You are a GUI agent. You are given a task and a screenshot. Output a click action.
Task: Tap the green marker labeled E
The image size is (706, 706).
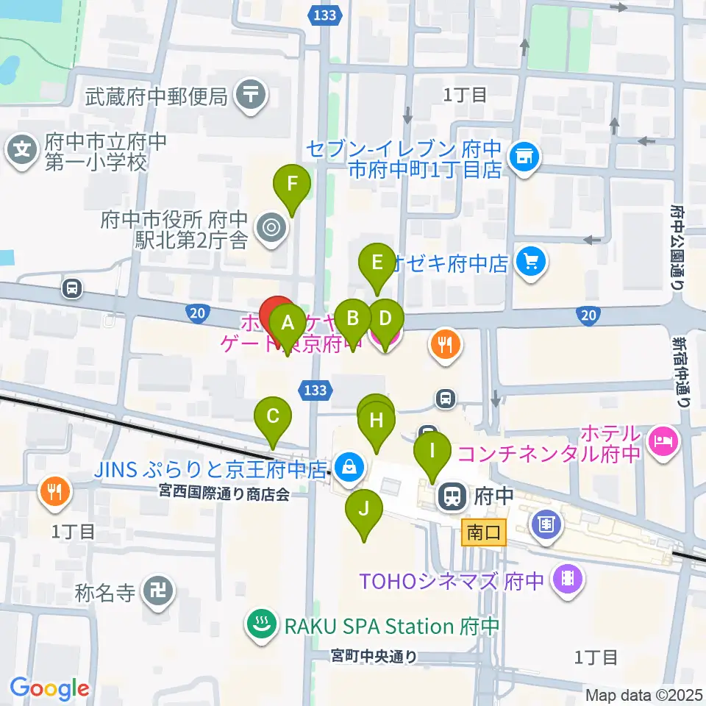[377, 263]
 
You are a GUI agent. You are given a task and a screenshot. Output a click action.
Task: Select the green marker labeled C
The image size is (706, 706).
[273, 418]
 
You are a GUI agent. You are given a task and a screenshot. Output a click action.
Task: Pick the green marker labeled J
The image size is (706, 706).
[363, 510]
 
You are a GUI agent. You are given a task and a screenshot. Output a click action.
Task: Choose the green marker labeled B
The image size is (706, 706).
[353, 320]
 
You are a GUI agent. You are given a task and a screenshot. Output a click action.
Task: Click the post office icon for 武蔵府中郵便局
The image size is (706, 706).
[252, 95]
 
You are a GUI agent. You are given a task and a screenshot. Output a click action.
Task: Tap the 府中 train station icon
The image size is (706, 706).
[449, 496]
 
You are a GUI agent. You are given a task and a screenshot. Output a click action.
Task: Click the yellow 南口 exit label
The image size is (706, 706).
[484, 531]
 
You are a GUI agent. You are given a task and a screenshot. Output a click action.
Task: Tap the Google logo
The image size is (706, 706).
[50, 688]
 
